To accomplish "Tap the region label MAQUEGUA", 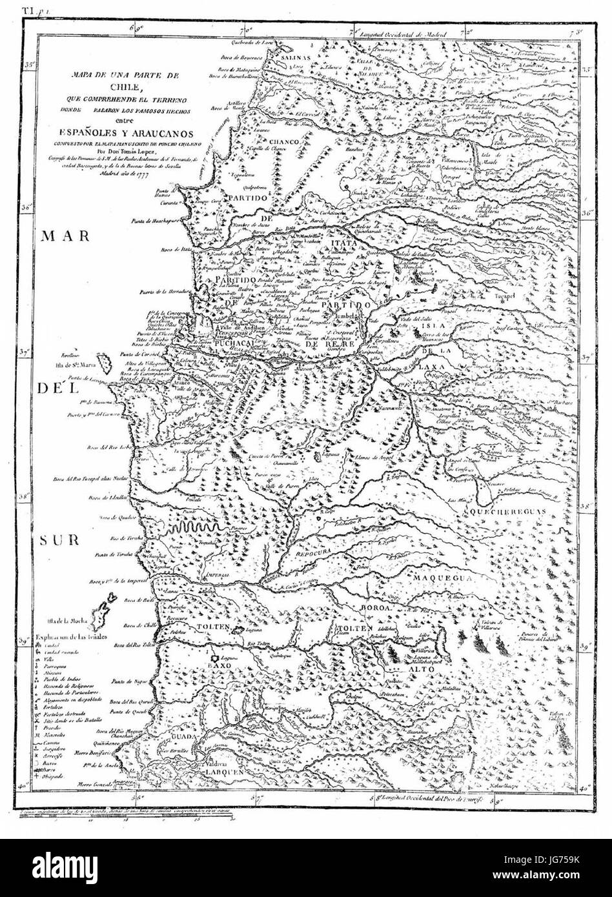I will pos(445,578).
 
